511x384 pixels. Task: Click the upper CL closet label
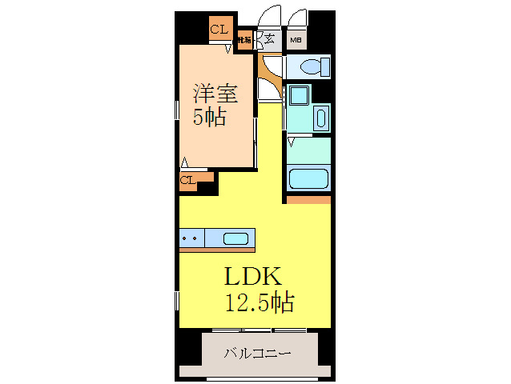218,30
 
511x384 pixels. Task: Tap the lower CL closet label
187,180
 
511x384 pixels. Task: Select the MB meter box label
296,38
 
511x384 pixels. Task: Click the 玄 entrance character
270,38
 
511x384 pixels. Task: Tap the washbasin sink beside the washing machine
320,118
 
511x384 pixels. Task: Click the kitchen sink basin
235,238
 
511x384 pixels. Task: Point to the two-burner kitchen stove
191,238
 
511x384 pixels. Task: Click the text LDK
251,278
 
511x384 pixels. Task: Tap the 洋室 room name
215,93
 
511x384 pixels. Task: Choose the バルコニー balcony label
257,353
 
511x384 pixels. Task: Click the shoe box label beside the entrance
243,38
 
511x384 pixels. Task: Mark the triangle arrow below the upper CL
227,49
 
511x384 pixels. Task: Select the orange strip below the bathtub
309,198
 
